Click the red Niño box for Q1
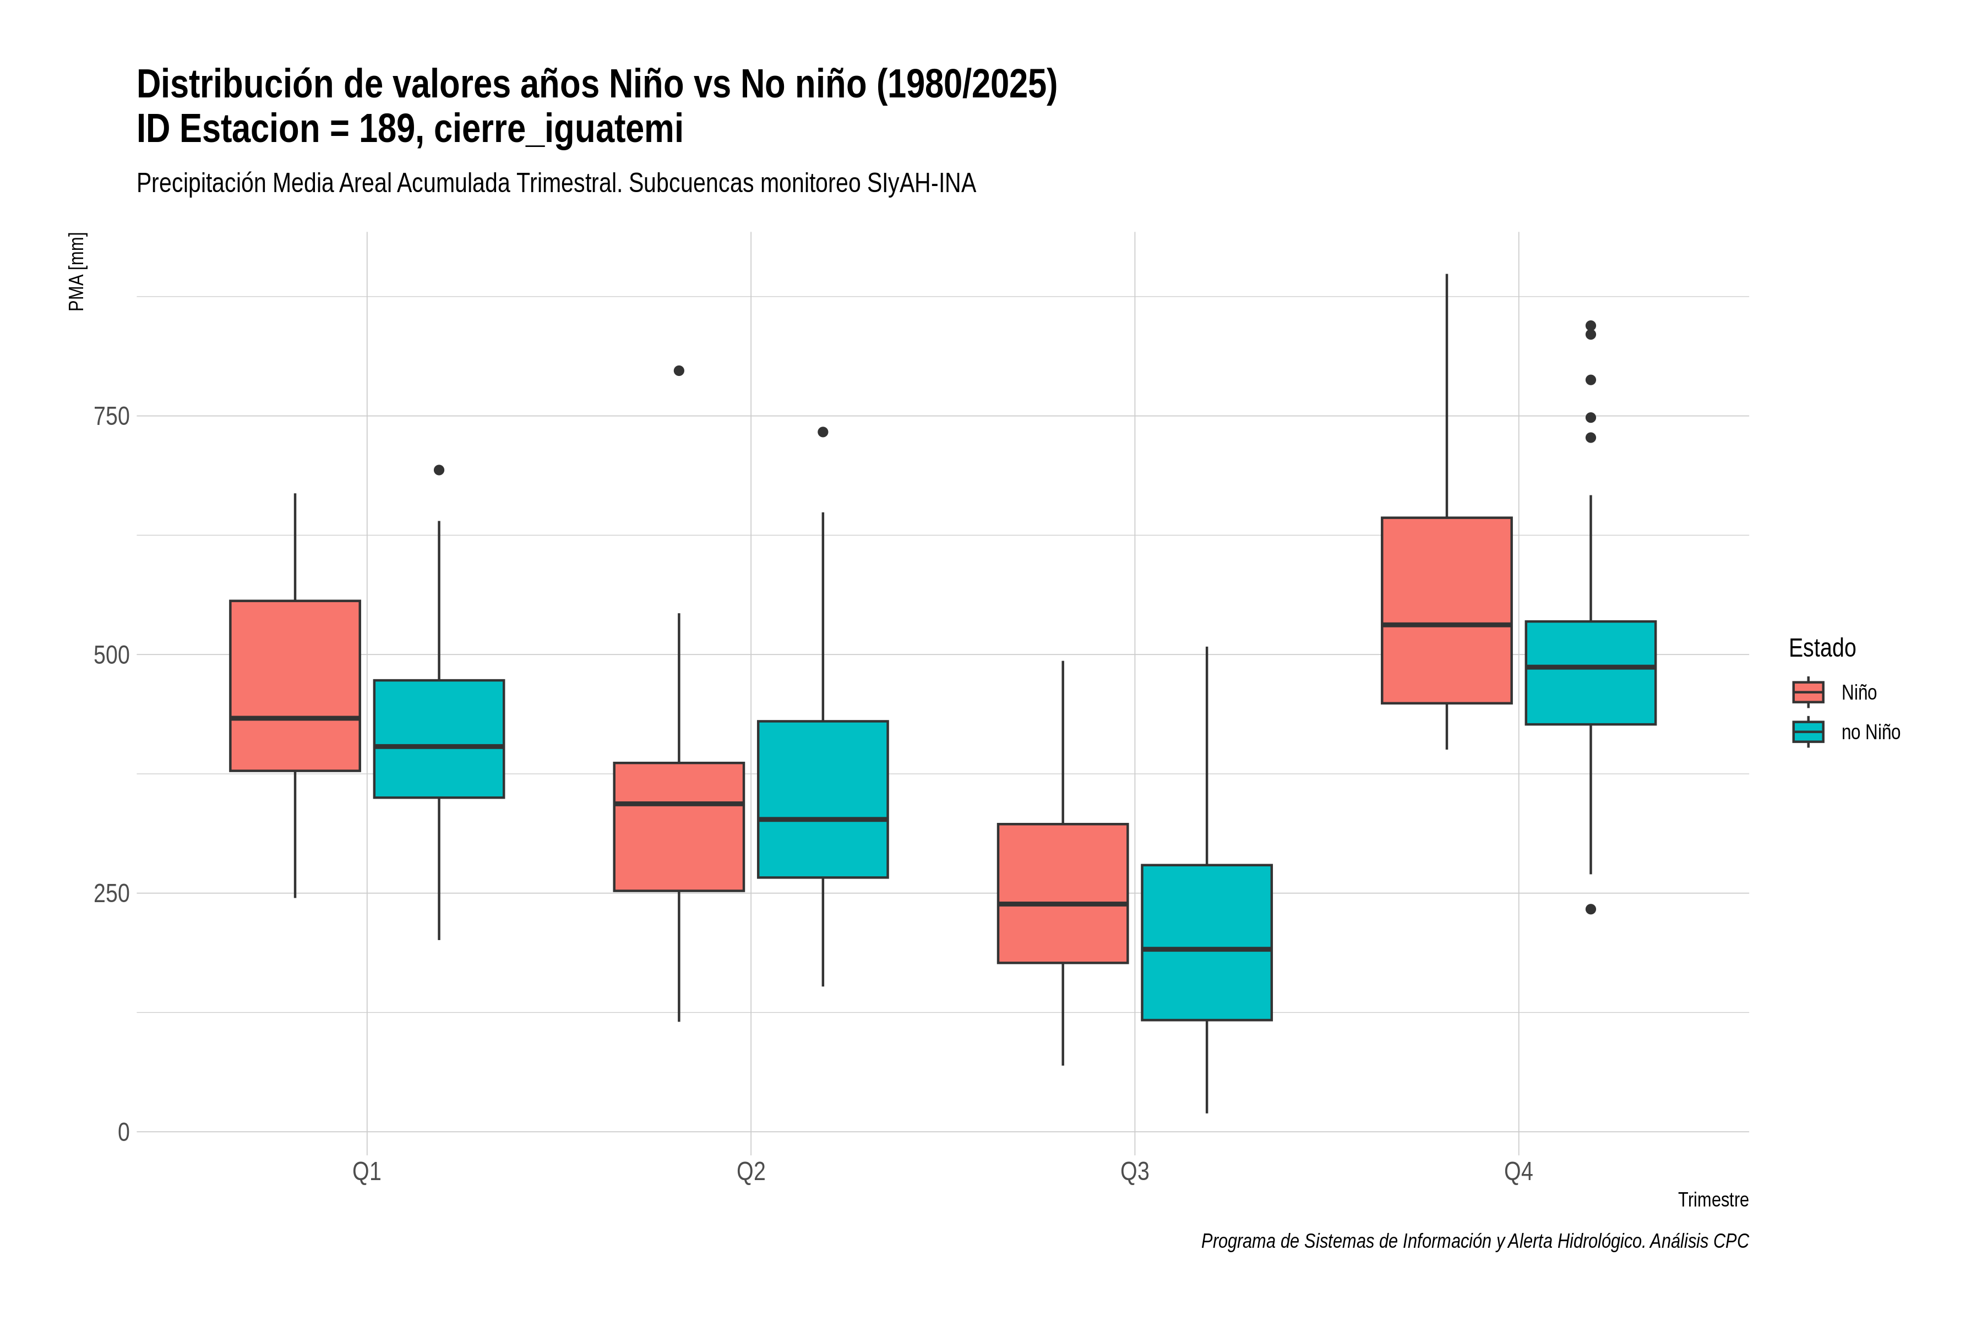click(x=295, y=686)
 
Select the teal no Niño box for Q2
click(x=823, y=800)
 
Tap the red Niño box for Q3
click(x=1063, y=893)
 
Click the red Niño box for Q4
click(x=1446, y=610)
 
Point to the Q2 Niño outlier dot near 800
click(x=679, y=370)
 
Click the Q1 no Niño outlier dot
click(x=439, y=470)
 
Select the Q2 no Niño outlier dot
click(x=823, y=432)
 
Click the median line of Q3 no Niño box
click(x=1207, y=949)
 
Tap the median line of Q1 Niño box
click(x=295, y=718)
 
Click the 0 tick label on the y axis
click(x=123, y=1132)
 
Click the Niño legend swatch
click(x=1807, y=692)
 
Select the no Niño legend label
click(x=1871, y=732)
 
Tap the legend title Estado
click(x=1822, y=648)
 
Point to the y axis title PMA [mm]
click(x=77, y=271)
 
